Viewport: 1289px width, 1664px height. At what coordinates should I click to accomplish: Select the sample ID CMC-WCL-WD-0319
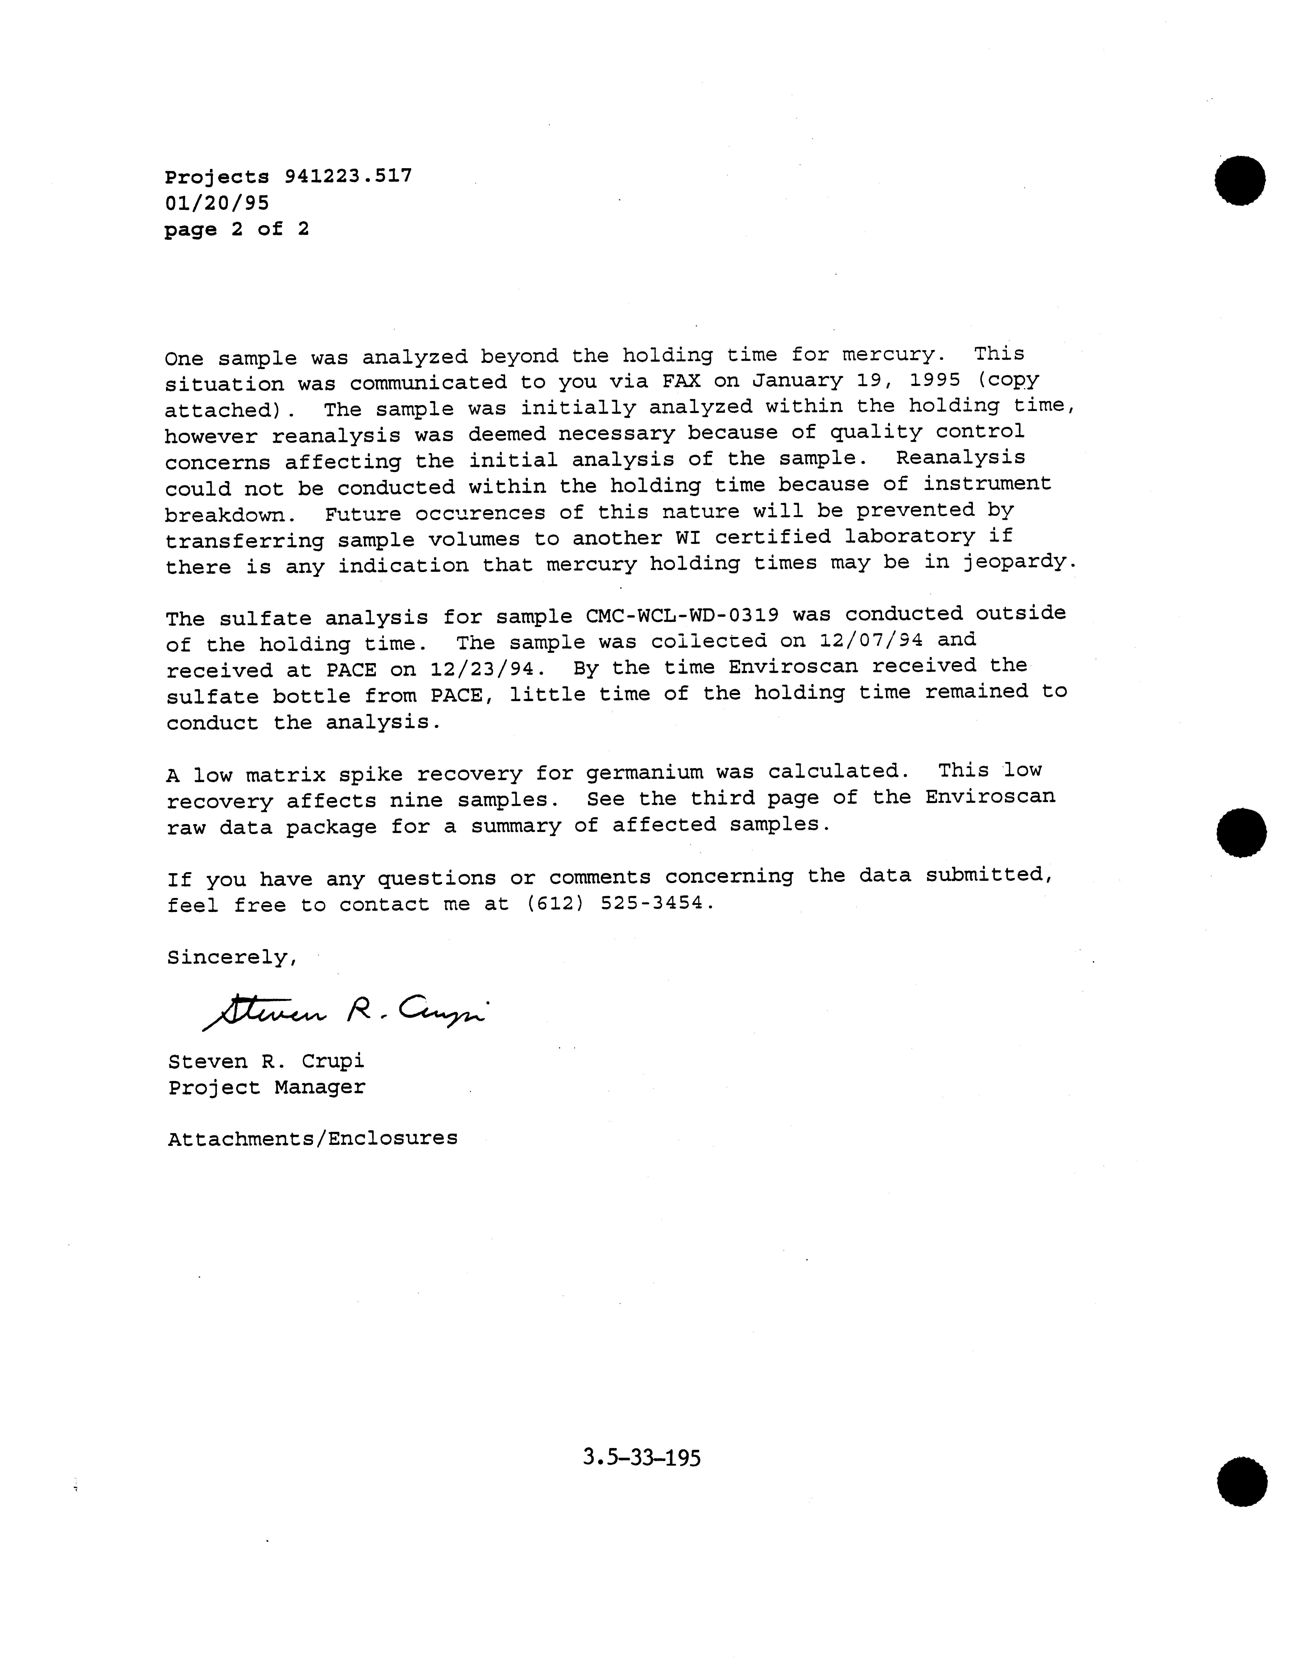pos(682,616)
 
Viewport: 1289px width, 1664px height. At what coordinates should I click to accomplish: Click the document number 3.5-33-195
pos(641,1457)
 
